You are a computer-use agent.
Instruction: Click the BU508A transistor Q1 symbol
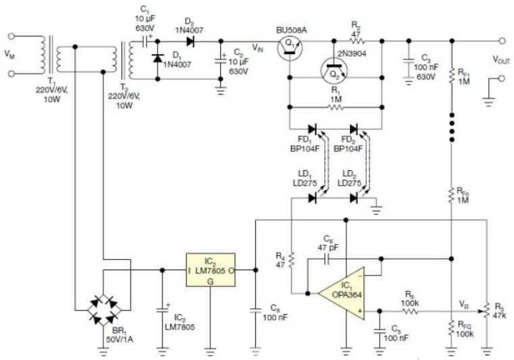tap(290, 47)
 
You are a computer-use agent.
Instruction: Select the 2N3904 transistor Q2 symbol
tap(334, 70)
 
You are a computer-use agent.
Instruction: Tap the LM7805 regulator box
tap(211, 270)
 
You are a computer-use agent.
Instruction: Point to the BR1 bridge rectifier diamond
tap(103, 309)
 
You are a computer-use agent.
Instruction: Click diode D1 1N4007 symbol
tap(157, 58)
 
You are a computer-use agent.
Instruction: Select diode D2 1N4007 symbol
tap(190, 41)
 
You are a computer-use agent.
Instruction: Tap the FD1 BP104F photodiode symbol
tap(313, 129)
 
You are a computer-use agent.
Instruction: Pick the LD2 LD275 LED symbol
tap(354, 198)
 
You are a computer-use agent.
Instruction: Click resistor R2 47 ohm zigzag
tap(357, 41)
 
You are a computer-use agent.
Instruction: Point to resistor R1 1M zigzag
tap(336, 107)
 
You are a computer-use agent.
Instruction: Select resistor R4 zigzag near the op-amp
tap(291, 259)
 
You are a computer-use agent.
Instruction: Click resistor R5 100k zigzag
tap(409, 311)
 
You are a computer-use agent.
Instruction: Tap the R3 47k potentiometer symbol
tap(487, 312)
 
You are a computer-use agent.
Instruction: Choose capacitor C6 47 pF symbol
tap(326, 259)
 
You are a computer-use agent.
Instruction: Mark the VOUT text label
tap(501, 59)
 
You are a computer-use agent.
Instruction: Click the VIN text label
tap(257, 48)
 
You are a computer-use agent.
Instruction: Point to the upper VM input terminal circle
tap(11, 36)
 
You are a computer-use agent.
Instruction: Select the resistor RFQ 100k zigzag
tap(452, 328)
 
